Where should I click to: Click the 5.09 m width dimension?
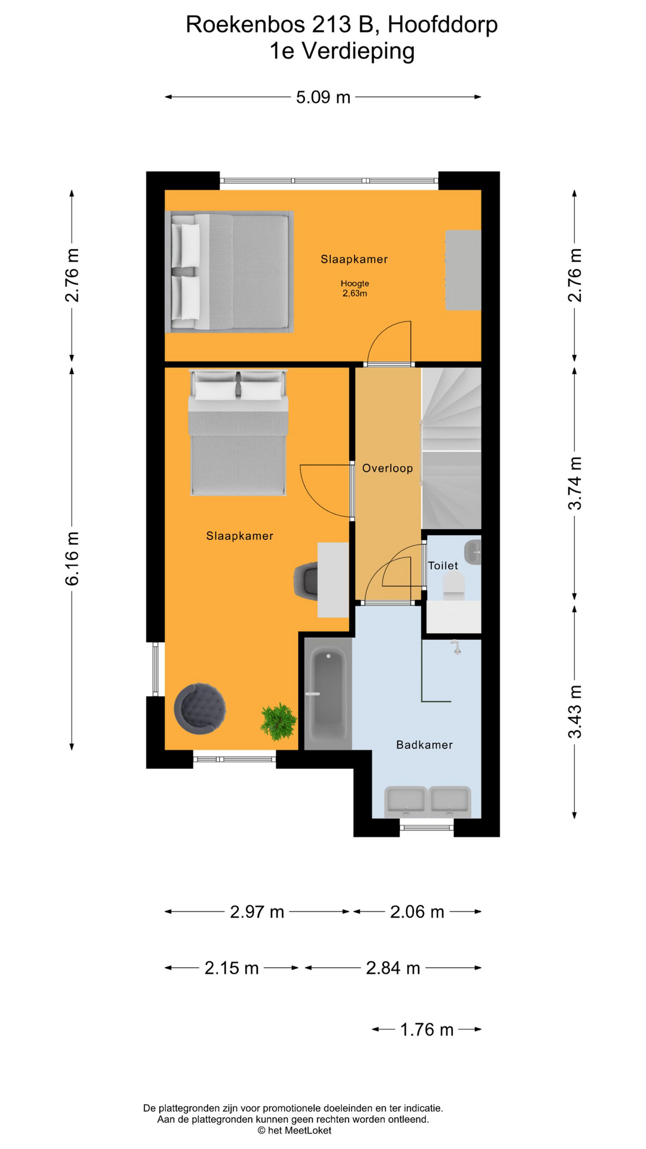(x=323, y=97)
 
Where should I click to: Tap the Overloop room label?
(x=388, y=468)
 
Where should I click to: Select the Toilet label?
(x=443, y=566)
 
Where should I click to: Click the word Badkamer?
(x=424, y=744)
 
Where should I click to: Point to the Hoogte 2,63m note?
(x=355, y=288)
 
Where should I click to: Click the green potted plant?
(x=278, y=721)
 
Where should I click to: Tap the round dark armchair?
(x=200, y=709)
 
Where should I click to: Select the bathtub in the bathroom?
(x=328, y=694)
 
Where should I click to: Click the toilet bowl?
(x=454, y=585)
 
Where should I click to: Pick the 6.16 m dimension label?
(x=72, y=558)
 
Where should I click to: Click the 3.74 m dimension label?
(x=574, y=483)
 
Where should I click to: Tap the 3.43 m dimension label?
(x=574, y=712)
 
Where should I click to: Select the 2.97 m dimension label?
(x=257, y=911)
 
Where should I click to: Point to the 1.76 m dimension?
(x=426, y=1029)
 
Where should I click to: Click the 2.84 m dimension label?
(x=393, y=968)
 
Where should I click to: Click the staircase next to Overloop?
(x=452, y=448)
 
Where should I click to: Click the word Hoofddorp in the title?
(x=443, y=25)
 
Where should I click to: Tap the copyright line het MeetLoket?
(x=294, y=1130)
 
